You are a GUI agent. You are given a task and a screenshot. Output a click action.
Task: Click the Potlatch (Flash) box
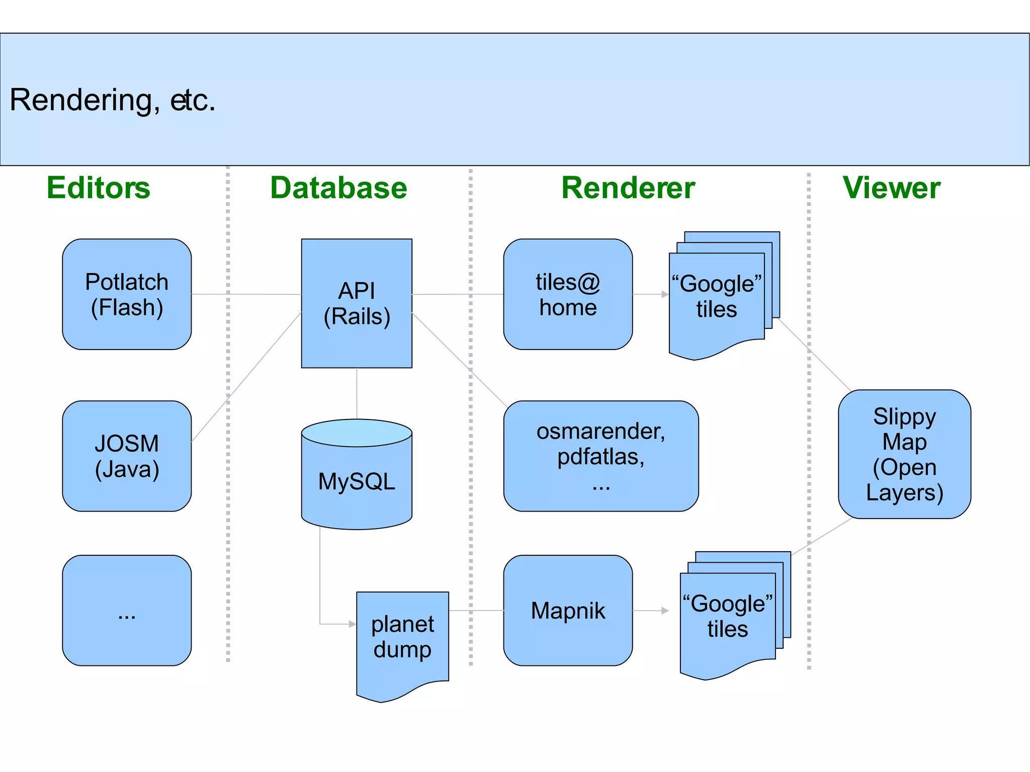click(x=127, y=294)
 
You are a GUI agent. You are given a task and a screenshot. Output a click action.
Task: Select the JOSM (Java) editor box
click(x=127, y=456)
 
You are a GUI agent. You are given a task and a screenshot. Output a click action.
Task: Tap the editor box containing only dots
click(x=127, y=611)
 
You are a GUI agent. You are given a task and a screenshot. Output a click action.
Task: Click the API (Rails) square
click(x=357, y=303)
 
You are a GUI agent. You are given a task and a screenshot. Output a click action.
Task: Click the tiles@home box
click(x=568, y=294)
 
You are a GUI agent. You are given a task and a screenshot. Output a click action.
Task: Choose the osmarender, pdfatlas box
click(x=601, y=456)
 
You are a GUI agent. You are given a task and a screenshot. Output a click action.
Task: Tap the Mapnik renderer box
click(x=568, y=611)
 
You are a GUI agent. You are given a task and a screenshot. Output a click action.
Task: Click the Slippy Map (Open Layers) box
click(x=904, y=454)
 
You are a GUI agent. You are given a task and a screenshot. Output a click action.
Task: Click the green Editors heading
click(x=99, y=188)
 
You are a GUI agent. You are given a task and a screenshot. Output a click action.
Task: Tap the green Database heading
click(x=338, y=188)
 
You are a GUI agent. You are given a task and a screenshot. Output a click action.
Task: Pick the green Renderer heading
click(x=628, y=188)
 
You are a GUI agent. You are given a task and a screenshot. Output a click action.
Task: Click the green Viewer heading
click(x=891, y=188)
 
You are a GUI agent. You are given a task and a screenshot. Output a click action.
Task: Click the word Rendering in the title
click(x=80, y=100)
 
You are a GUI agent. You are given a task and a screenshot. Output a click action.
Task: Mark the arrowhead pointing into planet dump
click(x=353, y=624)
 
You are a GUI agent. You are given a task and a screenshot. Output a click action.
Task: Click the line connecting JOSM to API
click(x=246, y=377)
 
